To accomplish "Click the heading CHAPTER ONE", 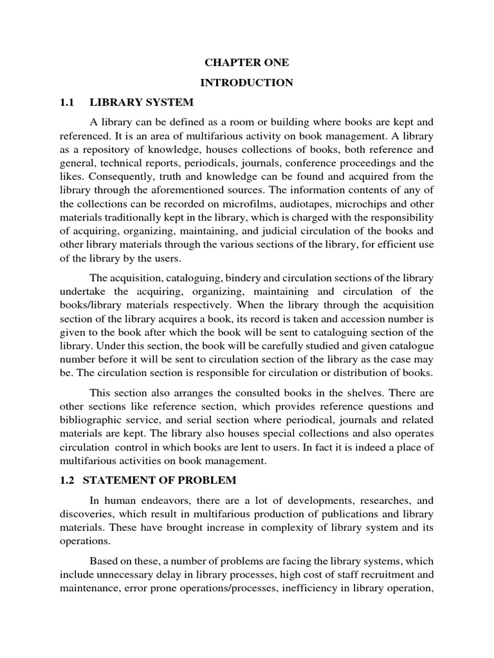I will pyautogui.click(x=247, y=63).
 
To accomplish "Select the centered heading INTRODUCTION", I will pyautogui.click(x=247, y=82).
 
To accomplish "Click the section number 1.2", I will pyautogui.click(x=68, y=480).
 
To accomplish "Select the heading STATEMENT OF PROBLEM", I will pyautogui.click(x=163, y=480).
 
